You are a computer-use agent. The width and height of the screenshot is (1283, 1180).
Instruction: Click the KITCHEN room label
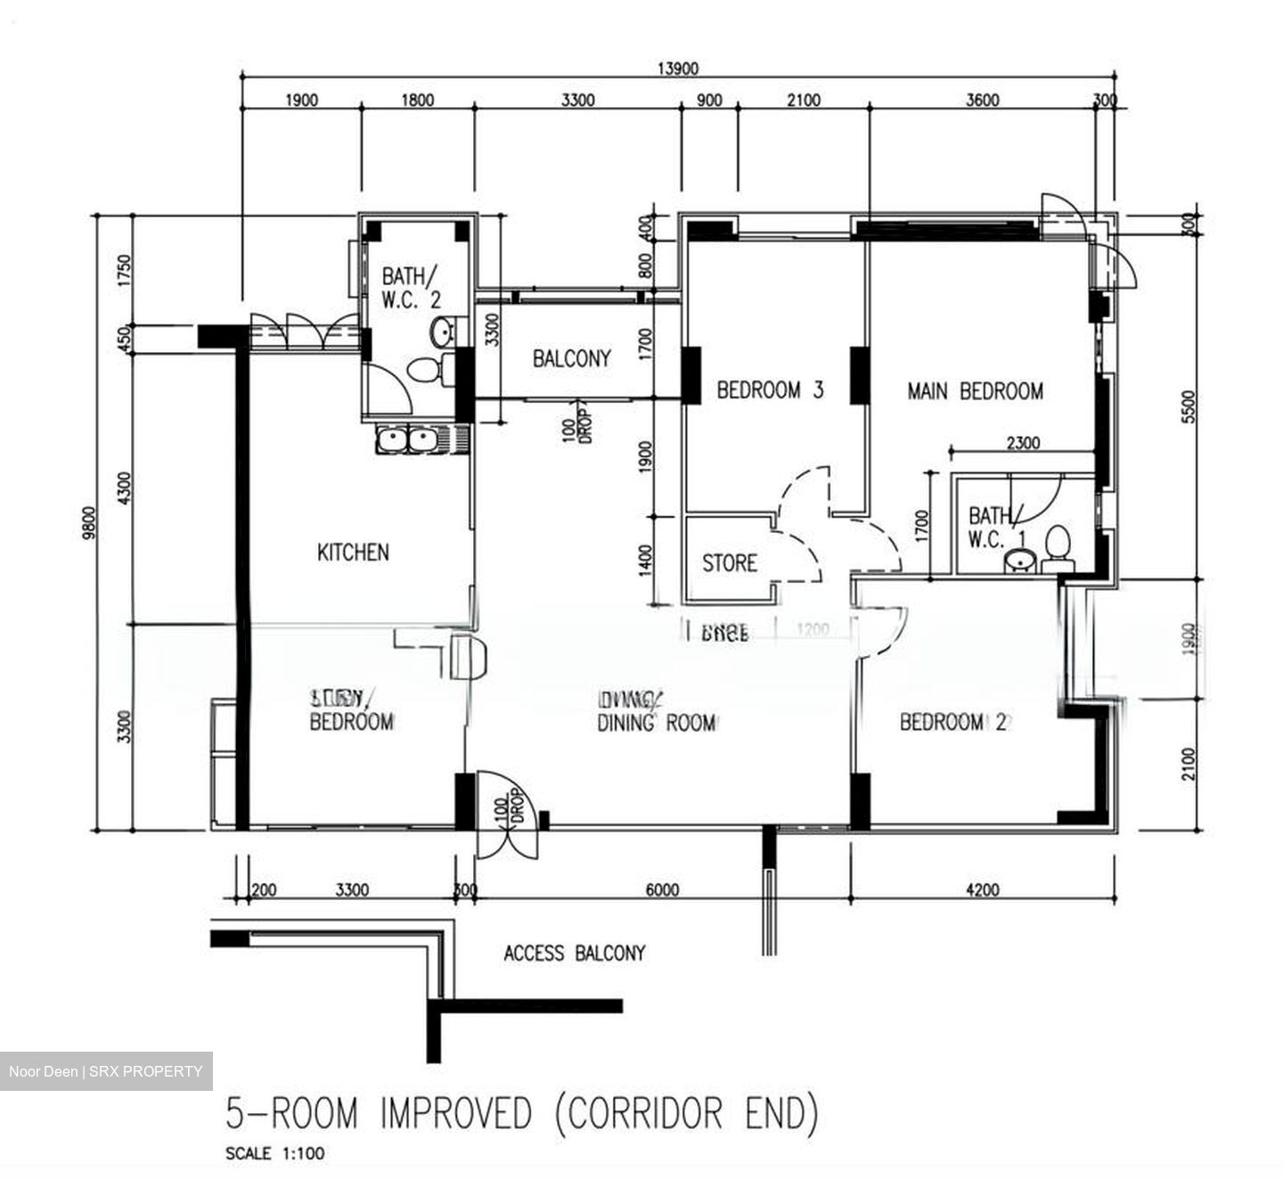(x=353, y=553)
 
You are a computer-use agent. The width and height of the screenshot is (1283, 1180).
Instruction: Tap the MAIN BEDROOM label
(x=975, y=390)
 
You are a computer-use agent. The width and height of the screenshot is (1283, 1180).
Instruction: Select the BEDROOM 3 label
(x=770, y=389)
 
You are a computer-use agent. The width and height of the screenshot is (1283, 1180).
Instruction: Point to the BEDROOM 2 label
(x=952, y=722)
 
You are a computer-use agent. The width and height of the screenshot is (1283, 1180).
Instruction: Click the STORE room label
(x=730, y=563)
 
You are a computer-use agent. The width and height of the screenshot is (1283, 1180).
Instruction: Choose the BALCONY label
(x=572, y=358)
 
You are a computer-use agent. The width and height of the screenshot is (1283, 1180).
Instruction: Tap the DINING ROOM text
(x=656, y=723)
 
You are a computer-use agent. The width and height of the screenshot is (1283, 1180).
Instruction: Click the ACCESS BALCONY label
(x=574, y=954)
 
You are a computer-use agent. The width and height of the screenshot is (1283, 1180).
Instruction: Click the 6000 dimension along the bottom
(x=662, y=889)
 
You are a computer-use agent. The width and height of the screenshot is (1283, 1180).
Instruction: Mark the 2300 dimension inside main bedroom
(x=1022, y=443)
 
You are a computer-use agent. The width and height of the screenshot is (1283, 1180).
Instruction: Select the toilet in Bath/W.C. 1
(x=1058, y=548)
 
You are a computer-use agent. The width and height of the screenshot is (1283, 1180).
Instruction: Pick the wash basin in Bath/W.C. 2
(x=441, y=332)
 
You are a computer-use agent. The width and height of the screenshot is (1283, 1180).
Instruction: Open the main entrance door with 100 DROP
(x=505, y=813)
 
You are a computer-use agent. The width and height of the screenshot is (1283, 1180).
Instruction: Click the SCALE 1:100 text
(x=275, y=1153)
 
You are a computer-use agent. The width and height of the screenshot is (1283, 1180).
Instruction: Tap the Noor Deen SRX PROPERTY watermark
(x=106, y=1071)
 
